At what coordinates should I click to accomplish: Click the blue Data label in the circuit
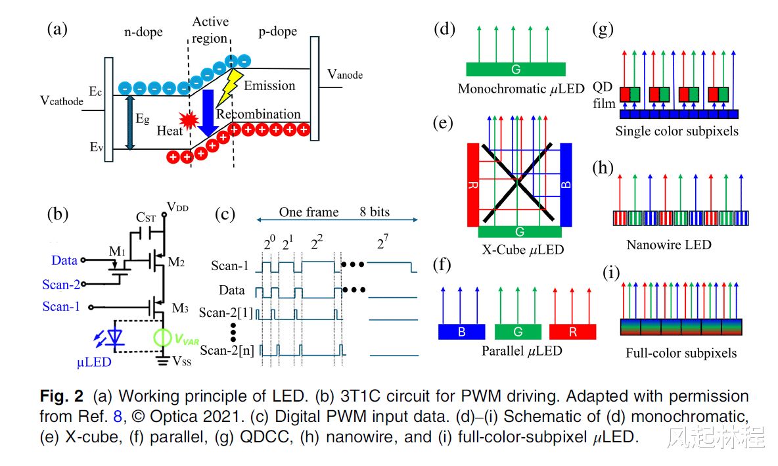(64, 260)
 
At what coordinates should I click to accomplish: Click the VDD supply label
(177, 207)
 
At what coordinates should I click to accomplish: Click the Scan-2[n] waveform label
(227, 350)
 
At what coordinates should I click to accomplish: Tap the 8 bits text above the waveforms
(375, 212)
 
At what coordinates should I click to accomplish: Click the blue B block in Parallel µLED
(461, 332)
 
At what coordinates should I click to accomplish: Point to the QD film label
(603, 95)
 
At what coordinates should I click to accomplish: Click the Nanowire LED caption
(668, 245)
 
